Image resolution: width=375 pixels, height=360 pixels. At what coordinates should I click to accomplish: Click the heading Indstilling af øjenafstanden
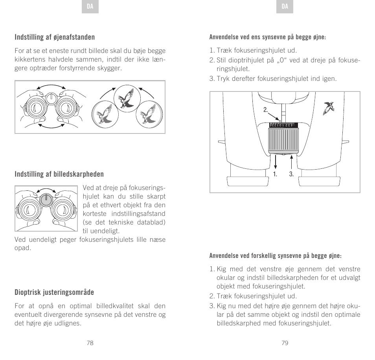[55, 37]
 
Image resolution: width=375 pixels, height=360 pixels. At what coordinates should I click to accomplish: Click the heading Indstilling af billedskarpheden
[59, 174]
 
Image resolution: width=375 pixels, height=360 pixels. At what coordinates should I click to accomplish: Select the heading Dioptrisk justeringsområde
[54, 292]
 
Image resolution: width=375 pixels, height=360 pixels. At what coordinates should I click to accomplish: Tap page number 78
[90, 343]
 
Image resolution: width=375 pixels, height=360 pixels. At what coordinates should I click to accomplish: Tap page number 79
[285, 343]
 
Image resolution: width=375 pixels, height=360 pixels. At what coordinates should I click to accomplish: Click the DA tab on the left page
[90, 7]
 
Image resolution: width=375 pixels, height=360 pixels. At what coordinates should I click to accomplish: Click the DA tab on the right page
[285, 7]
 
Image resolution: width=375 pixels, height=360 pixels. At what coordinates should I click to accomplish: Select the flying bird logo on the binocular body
[329, 107]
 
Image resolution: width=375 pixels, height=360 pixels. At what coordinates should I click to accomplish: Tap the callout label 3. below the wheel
[291, 174]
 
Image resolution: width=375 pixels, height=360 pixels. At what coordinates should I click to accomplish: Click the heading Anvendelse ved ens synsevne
[267, 38]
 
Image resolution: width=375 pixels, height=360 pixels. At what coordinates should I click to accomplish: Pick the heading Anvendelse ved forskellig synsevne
[275, 256]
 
